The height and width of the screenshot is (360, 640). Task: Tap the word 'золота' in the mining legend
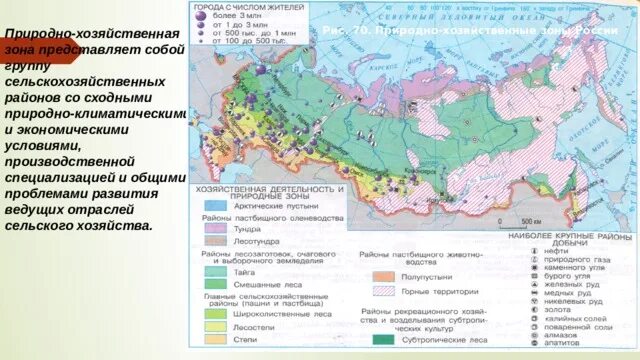point(554,309)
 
